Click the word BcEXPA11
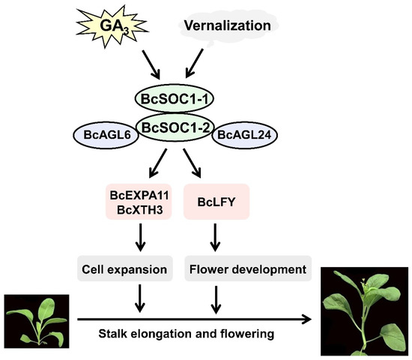click(x=141, y=196)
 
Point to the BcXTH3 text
click(x=141, y=210)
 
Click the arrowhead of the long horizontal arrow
click(x=308, y=319)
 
